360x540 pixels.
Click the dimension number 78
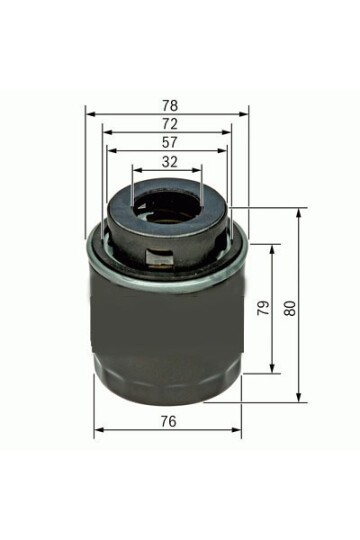(170, 105)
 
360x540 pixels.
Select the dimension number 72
(170, 124)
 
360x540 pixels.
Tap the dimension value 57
(169, 143)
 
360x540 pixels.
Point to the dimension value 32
(169, 162)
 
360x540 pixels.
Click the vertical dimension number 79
(264, 308)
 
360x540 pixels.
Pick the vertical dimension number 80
(290, 308)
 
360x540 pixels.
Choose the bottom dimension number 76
(168, 421)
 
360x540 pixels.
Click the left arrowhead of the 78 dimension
(90, 114)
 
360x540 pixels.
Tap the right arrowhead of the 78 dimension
(243, 114)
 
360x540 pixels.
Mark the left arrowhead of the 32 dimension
(137, 170)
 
